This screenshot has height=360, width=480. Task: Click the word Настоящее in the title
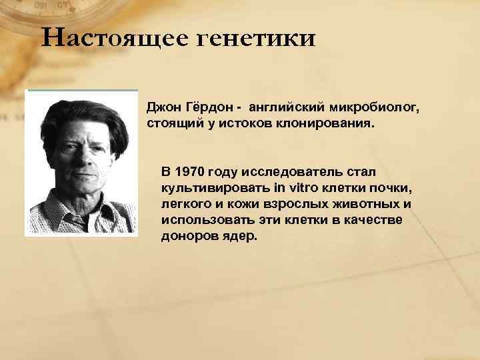click(111, 38)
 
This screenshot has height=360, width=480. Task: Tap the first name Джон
click(163, 107)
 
